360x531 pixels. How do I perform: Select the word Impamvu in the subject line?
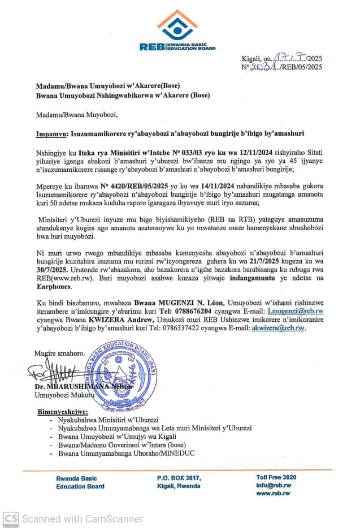(50, 133)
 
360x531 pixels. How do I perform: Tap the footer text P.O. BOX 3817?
(179, 478)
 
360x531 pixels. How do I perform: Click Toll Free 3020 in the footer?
(276, 477)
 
